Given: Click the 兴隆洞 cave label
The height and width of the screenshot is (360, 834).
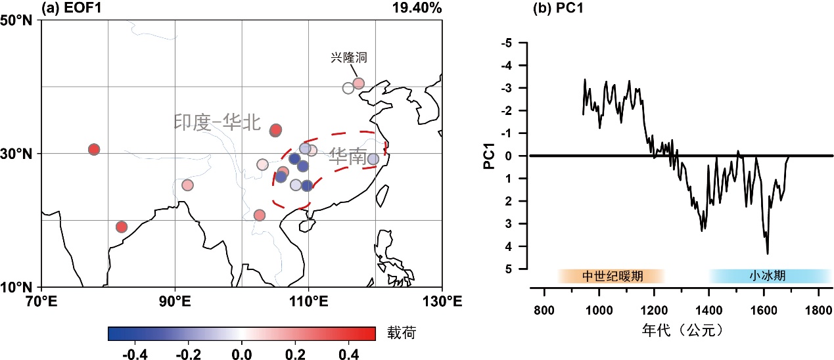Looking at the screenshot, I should [348, 57].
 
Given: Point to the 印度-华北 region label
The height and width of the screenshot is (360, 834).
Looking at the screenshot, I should [218, 122].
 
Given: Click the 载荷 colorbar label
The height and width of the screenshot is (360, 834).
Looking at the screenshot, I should [400, 334].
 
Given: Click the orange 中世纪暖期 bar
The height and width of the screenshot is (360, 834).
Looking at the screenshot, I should [612, 276].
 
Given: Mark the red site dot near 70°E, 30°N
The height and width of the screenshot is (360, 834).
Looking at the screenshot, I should [93, 150].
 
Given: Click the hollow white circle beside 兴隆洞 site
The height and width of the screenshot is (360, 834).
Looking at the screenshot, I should [348, 88].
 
